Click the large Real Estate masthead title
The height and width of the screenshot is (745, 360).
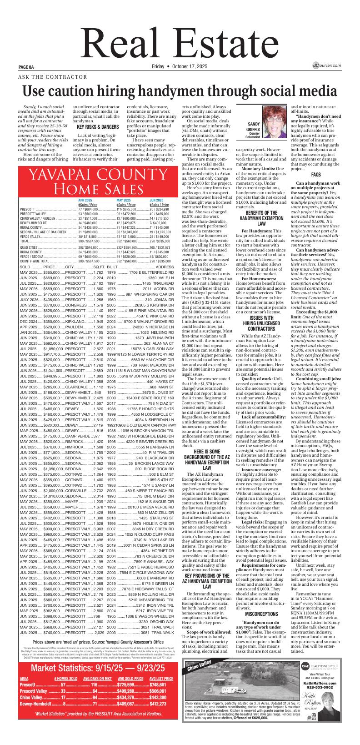[x=180, y=37]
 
